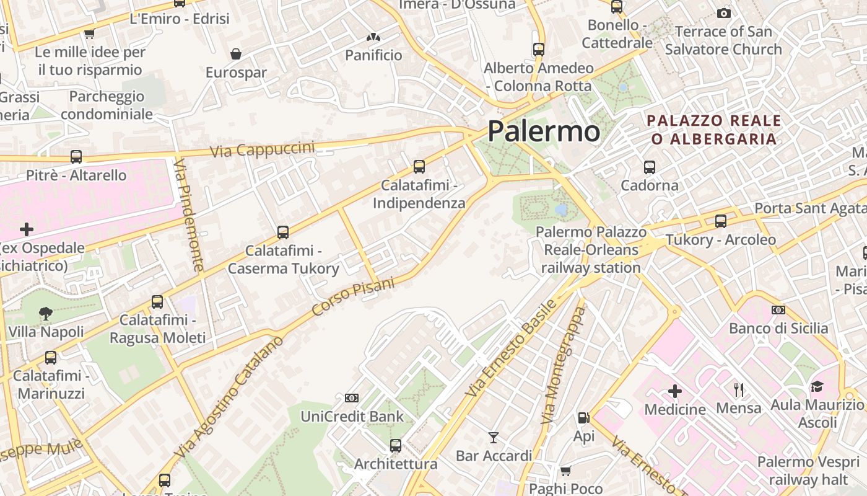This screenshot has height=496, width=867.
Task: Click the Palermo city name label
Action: point(544,131)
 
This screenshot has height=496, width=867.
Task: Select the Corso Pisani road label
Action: point(353,296)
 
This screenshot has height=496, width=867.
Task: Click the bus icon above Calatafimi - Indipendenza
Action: point(419,166)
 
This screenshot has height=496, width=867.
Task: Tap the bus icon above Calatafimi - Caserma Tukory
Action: point(283,232)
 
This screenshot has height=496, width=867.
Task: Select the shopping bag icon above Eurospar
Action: point(236,54)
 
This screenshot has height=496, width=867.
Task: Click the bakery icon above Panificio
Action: point(373,37)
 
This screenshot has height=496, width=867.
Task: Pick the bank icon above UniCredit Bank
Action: point(352,397)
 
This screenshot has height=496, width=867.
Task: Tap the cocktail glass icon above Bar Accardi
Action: point(494,438)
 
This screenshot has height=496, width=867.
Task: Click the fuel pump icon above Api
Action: point(583,418)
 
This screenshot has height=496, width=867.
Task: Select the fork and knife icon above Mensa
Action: point(738,390)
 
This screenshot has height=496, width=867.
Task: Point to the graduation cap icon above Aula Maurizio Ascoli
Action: point(817,387)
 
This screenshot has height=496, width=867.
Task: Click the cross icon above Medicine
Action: point(675,391)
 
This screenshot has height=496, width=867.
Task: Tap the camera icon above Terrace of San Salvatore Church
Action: point(723,13)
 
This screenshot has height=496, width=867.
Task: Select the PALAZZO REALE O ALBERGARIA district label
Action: point(714,129)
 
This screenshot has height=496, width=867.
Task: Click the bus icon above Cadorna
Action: point(650,167)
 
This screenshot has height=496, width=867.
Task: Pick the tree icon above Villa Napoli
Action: point(46,314)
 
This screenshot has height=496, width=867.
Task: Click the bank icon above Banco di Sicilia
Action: point(778,310)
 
